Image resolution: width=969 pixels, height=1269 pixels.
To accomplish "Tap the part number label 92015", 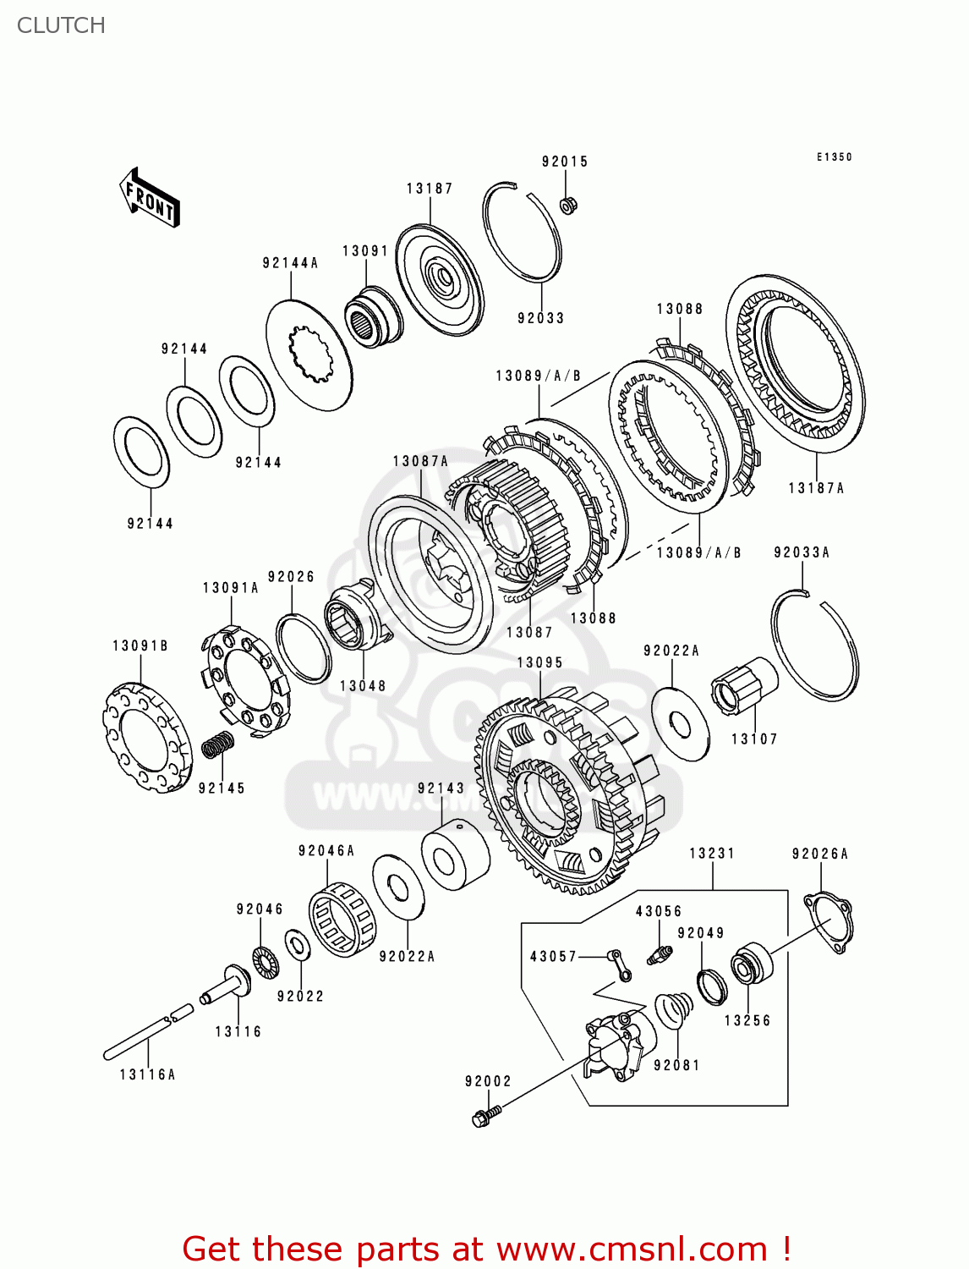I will (x=564, y=162).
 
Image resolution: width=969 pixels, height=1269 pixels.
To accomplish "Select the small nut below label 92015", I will (x=568, y=205).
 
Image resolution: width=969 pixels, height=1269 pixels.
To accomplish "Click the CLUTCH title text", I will (x=61, y=25).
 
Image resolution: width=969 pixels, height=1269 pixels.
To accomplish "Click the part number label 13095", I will (x=539, y=662).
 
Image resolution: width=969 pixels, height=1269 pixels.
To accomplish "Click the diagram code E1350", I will (x=834, y=157).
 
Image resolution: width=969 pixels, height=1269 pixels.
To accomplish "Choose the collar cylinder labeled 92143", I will (x=455, y=855).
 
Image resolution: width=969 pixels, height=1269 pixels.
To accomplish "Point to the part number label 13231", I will (x=712, y=853).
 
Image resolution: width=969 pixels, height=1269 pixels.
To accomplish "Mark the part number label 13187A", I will (x=816, y=488).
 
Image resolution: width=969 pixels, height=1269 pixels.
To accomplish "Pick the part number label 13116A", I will (x=147, y=1074).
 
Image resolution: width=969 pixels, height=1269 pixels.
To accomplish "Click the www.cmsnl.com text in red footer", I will (x=631, y=1249).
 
